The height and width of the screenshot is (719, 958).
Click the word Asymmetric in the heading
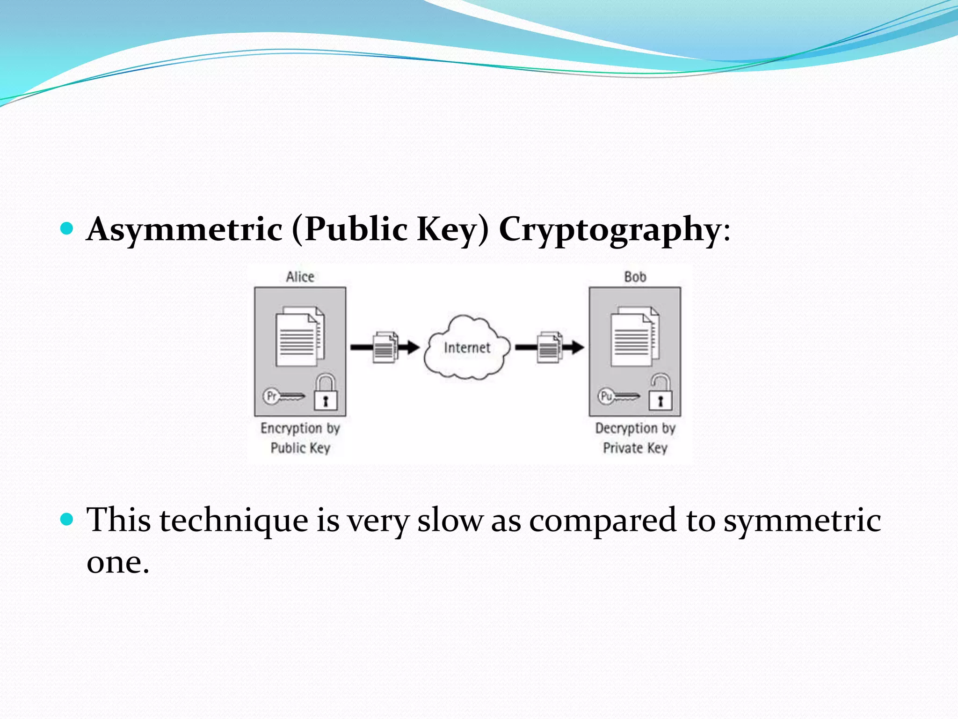point(185,229)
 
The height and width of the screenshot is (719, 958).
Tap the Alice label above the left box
point(300,277)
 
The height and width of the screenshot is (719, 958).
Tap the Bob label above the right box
point(635,277)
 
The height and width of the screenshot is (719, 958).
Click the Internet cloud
point(467,347)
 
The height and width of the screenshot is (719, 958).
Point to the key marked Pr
point(283,396)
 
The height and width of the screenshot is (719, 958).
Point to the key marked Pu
point(618,396)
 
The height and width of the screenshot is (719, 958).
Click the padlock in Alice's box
point(326,392)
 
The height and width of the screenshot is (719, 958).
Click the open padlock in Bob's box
point(660,392)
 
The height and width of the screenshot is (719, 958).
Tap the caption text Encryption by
point(300,428)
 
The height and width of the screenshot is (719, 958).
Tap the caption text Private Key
point(635,448)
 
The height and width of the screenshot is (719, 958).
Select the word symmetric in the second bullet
point(802,521)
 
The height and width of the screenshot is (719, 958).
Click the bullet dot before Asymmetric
point(67,228)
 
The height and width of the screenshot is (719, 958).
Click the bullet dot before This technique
point(67,519)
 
